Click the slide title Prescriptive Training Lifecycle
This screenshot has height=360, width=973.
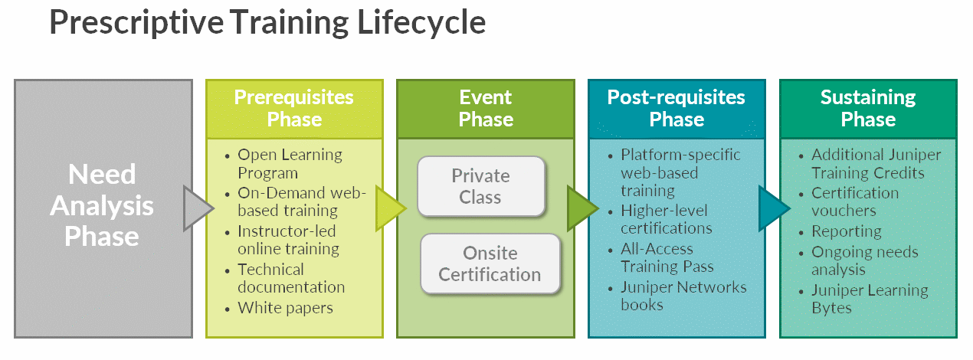267,23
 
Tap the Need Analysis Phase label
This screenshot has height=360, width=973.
103,205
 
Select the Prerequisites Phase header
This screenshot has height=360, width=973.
294,108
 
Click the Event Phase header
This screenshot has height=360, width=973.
485,108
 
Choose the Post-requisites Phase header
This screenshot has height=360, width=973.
676,108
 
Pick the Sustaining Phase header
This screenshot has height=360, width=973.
867,108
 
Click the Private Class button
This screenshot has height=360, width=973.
480,186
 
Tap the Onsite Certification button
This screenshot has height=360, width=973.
490,263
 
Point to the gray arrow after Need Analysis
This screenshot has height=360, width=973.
196,208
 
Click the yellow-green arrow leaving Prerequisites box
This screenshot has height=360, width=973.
388,208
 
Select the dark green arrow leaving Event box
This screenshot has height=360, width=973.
580,208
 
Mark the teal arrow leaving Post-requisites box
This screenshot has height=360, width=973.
772,208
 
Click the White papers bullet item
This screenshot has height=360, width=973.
285,308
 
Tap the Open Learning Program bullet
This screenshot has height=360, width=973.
290,163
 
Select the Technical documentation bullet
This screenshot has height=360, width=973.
291,278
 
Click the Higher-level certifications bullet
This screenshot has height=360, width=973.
666,219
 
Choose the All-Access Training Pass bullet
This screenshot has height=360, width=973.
667,257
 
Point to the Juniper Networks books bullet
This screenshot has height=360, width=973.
683,296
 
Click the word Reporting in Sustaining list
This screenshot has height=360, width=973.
846,231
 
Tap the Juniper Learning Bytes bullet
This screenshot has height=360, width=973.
869,299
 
